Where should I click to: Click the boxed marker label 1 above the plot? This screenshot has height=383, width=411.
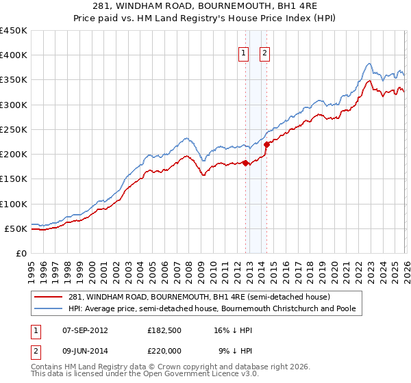[244, 55]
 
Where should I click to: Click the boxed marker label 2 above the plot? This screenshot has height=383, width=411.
[264, 55]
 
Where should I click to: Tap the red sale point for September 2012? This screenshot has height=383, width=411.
[245, 163]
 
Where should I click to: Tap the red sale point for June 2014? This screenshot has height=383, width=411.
[266, 144]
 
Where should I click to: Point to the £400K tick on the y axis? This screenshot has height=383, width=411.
[14, 55]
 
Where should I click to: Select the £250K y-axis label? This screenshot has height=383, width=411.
[14, 129]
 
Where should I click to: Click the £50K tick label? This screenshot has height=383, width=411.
[16, 228]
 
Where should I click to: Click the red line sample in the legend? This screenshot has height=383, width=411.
[49, 298]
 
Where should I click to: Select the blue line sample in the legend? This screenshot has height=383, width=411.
[49, 309]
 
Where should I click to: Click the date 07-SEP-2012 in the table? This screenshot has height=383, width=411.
[84, 330]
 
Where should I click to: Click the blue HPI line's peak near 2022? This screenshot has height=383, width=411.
[369, 64]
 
